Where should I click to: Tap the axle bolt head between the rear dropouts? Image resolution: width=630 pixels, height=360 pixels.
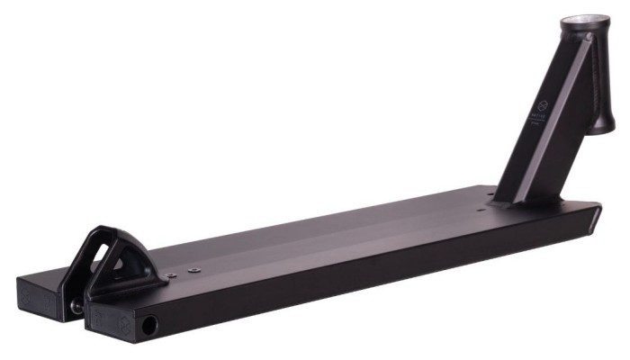pyautogui.click(x=77, y=306)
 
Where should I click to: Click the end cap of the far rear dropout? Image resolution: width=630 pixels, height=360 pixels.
pyautogui.click(x=36, y=293)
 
